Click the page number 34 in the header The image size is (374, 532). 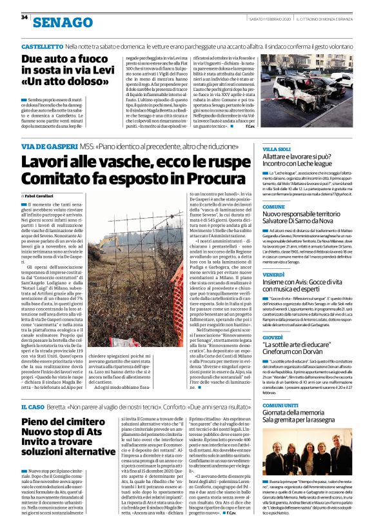coord(24,17)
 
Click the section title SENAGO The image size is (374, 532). coord(63,23)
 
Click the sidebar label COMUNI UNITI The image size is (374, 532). coord(280,404)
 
